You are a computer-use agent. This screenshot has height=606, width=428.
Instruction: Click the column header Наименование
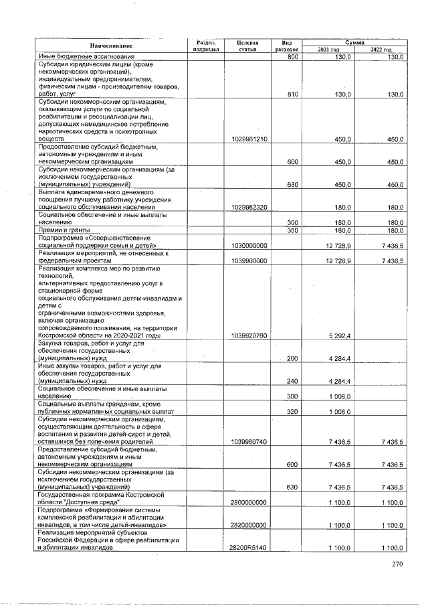[110, 46]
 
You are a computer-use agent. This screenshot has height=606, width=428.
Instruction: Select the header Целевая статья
[247, 46]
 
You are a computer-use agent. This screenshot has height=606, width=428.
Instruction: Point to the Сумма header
[354, 42]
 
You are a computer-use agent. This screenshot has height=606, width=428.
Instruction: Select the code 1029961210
[248, 139]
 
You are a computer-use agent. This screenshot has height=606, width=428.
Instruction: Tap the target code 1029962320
[248, 208]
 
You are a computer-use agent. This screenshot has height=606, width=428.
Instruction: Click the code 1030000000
[248, 246]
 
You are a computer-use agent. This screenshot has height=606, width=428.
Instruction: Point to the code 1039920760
[248, 335]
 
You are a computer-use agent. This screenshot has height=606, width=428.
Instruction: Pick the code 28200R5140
[248, 548]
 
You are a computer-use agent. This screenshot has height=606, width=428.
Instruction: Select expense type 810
[292, 94]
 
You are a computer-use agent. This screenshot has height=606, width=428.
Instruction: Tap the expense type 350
[292, 230]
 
